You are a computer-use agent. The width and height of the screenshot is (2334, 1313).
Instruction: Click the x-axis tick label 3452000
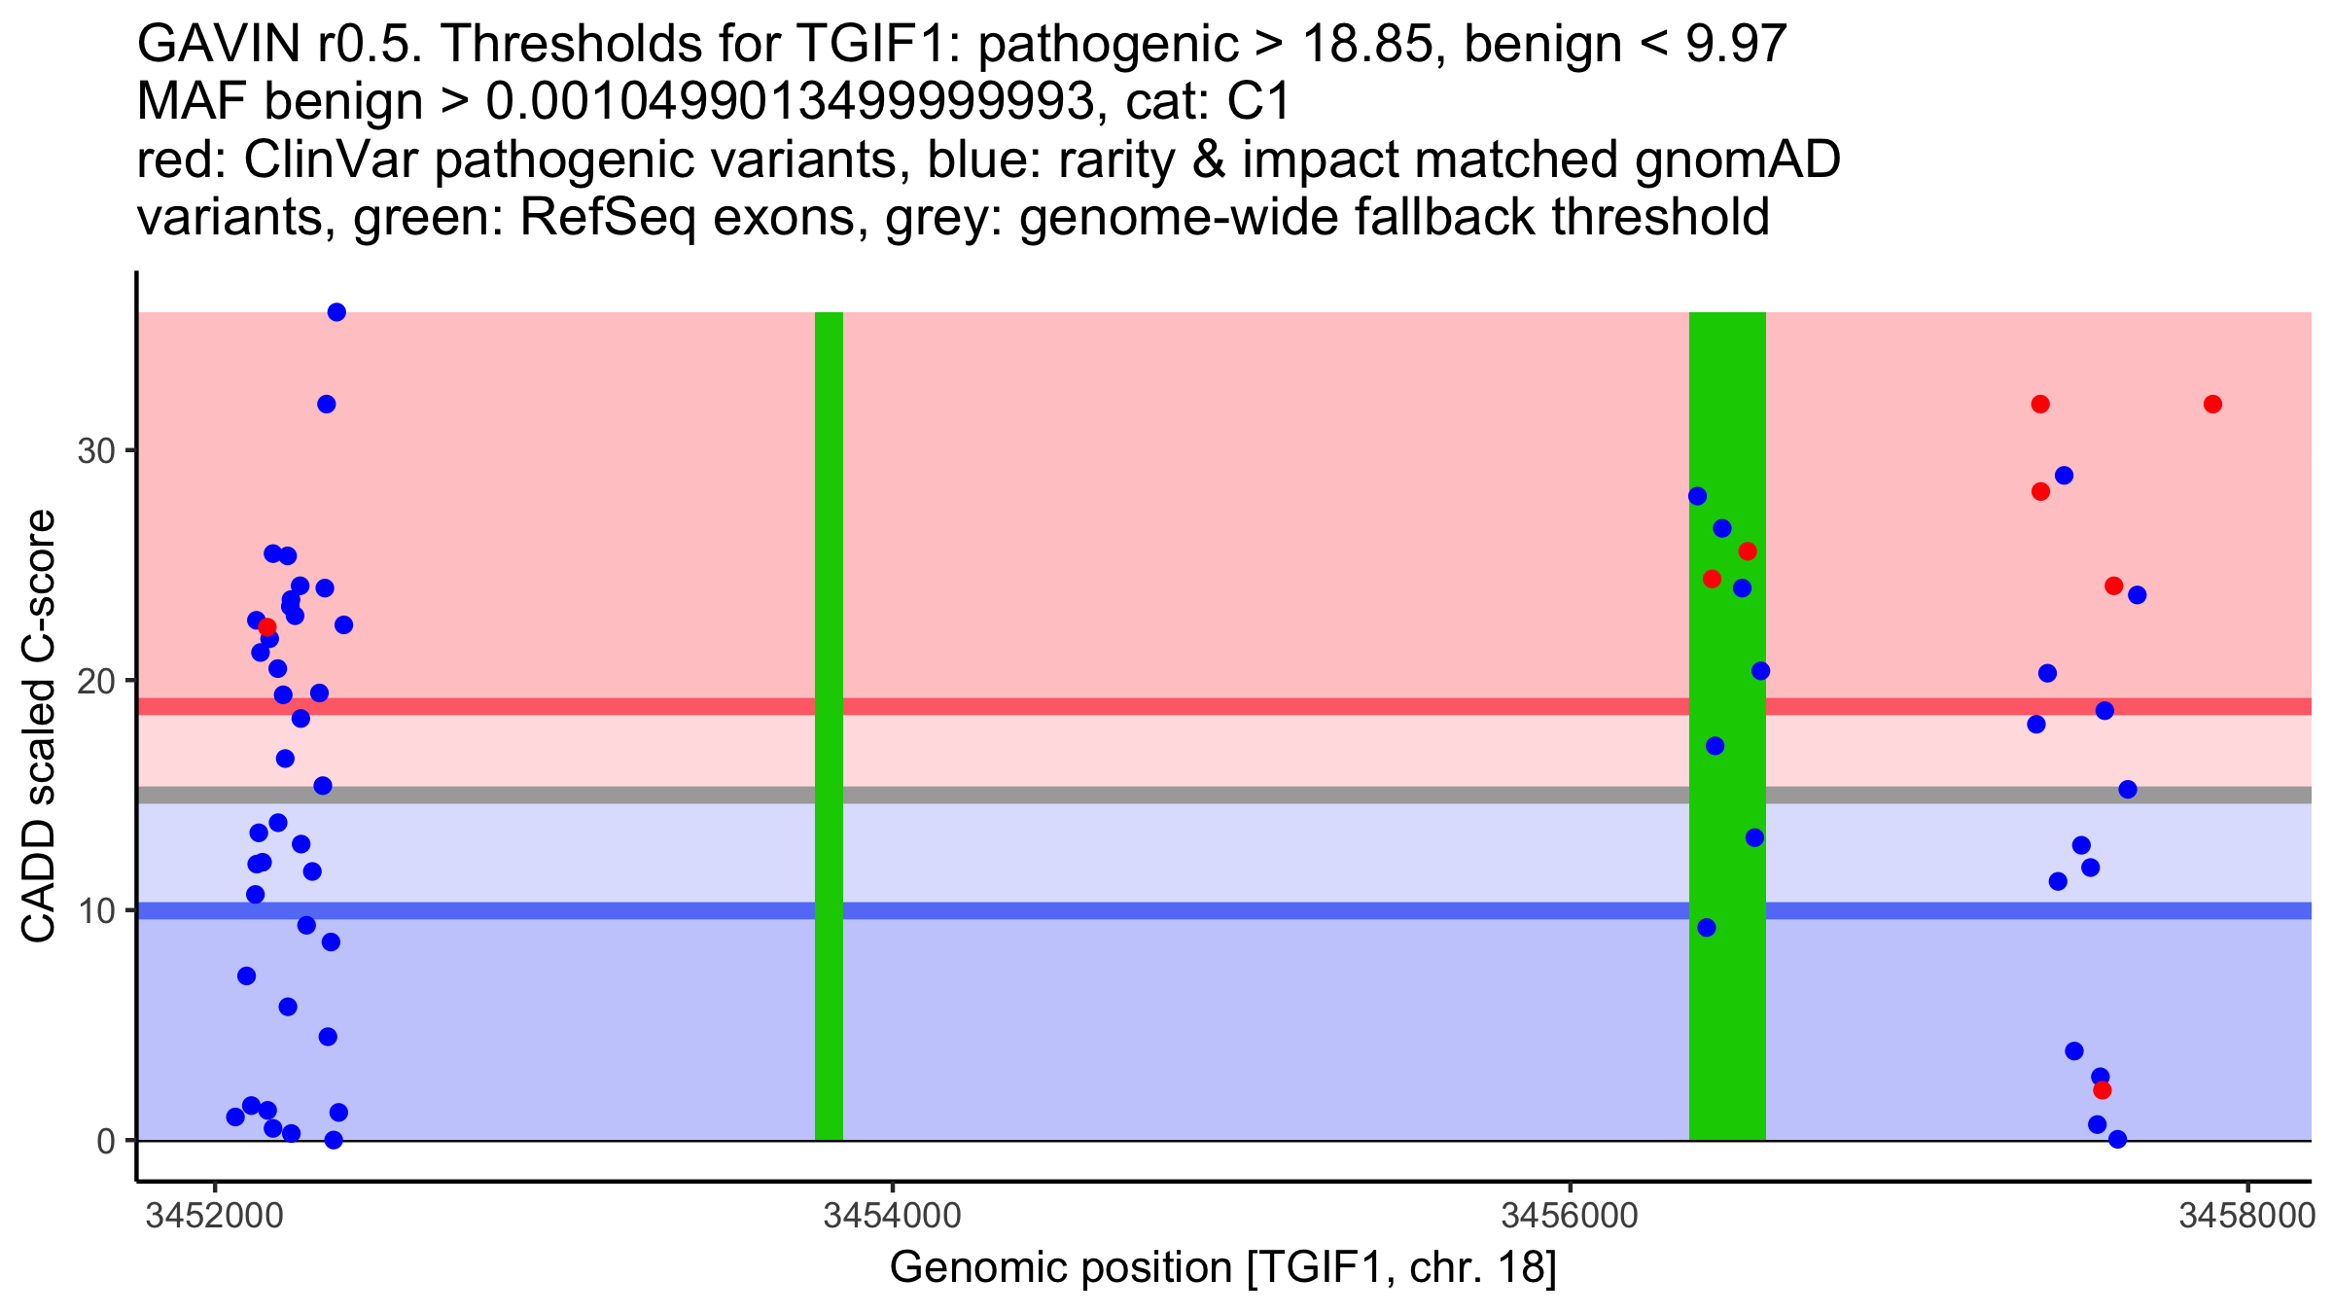click(x=213, y=1216)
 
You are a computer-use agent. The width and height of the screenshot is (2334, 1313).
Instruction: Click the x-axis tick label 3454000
click(x=892, y=1216)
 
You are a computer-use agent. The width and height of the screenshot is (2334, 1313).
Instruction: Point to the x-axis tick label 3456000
click(x=1570, y=1216)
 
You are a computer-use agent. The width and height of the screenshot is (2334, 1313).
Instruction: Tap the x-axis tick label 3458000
click(x=2246, y=1216)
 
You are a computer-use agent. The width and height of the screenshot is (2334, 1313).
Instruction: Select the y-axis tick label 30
click(x=95, y=451)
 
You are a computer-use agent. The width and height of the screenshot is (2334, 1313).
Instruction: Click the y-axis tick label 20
click(x=95, y=681)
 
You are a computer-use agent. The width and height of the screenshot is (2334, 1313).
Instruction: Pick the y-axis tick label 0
click(x=105, y=1141)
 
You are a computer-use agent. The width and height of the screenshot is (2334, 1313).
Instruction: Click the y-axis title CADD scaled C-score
click(x=39, y=727)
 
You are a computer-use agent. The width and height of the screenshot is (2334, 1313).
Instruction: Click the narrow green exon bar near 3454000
click(x=829, y=726)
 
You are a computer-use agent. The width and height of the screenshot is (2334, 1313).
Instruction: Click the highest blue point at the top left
click(x=336, y=312)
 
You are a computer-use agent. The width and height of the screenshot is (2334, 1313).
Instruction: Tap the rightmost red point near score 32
click(x=2212, y=404)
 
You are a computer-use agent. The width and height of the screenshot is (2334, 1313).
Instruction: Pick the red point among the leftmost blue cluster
click(x=267, y=627)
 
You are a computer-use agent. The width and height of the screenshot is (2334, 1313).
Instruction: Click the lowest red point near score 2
click(x=2103, y=1090)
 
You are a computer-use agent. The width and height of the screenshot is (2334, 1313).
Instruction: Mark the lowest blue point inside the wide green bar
click(x=1707, y=928)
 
